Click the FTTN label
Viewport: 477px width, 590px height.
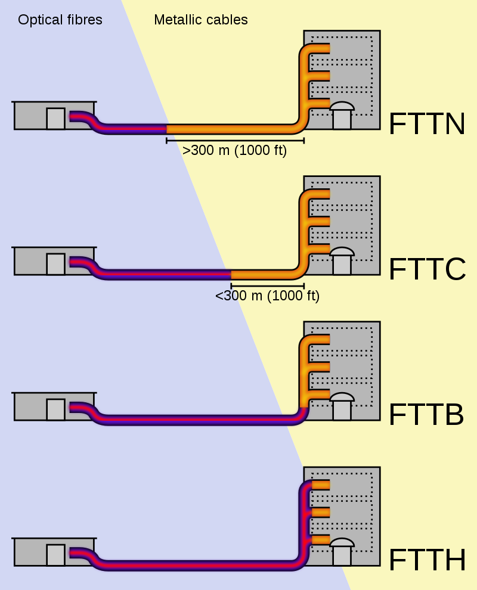coord(426,125)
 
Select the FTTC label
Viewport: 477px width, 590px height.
coord(426,269)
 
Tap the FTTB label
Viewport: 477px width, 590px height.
coord(426,415)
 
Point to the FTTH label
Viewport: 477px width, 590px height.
coord(426,560)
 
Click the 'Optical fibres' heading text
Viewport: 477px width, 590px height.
coord(60,20)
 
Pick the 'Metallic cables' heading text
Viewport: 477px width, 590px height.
coord(201,20)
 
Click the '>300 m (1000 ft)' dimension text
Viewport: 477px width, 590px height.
coord(235,151)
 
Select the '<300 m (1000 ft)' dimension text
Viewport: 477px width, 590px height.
coord(267,296)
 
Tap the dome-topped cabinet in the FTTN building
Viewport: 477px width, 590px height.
coord(342,116)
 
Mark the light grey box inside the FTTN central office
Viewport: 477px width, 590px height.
coord(56,118)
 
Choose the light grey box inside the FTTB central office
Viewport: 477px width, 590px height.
coord(56,409)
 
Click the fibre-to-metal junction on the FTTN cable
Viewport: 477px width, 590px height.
coord(167,128)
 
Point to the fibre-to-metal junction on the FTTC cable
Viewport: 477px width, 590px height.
coord(231,274)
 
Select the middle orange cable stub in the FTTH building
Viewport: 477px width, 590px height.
coord(321,512)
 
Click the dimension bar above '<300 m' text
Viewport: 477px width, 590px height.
coord(267,285)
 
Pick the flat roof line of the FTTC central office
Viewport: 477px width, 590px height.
coord(54,247)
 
